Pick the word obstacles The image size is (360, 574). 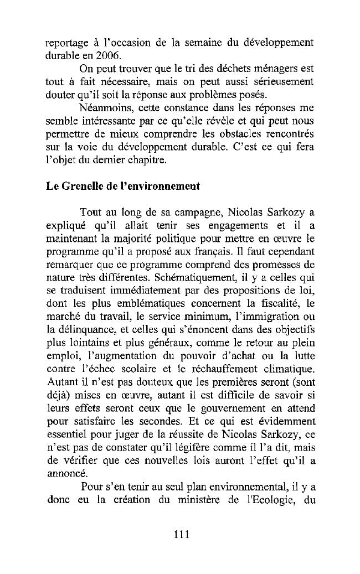pos(234,136)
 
